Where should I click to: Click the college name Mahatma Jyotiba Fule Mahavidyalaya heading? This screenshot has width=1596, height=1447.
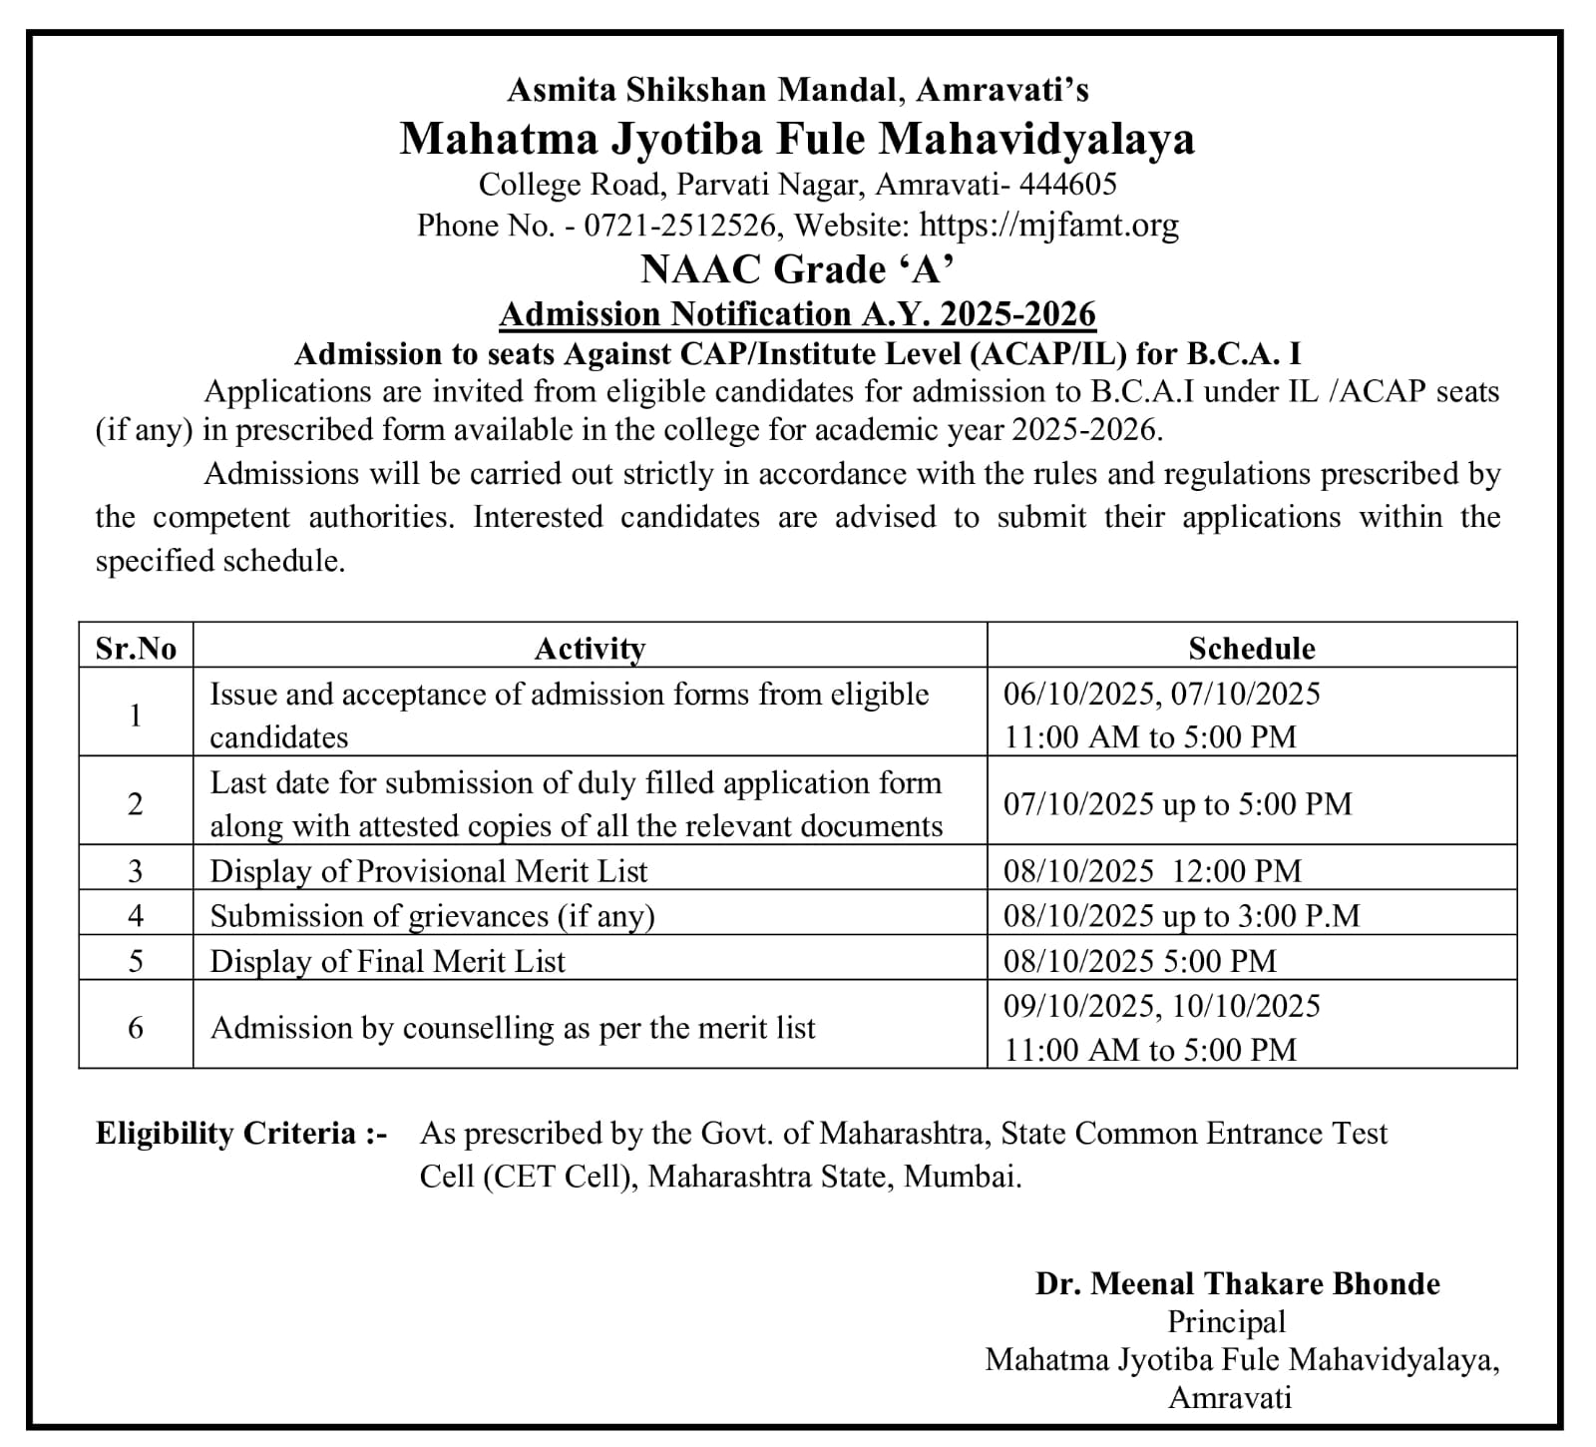click(x=797, y=139)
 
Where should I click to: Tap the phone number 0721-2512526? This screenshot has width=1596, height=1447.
click(x=679, y=226)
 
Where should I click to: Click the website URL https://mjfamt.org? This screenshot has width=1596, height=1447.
click(x=1048, y=226)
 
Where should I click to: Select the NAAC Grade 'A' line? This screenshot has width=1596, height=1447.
click(x=797, y=269)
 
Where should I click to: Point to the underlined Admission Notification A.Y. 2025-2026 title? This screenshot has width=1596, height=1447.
click(x=797, y=314)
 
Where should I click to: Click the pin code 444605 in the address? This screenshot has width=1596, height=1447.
click(x=1070, y=184)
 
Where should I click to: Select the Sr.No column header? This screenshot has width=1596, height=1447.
click(x=136, y=649)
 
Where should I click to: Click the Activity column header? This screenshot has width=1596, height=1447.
click(x=590, y=649)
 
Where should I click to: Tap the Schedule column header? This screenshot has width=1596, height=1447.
click(x=1251, y=649)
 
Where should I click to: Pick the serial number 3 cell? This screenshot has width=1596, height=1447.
click(x=136, y=871)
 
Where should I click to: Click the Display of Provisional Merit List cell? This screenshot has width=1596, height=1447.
click(x=429, y=871)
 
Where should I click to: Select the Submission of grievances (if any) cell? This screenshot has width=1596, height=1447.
click(x=432, y=916)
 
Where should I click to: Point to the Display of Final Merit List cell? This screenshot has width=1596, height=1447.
click(x=387, y=961)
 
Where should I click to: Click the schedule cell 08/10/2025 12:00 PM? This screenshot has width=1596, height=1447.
click(x=1152, y=871)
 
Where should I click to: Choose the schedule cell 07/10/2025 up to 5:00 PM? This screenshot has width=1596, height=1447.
click(x=1177, y=804)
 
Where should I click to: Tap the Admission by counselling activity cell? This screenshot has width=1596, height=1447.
click(x=513, y=1028)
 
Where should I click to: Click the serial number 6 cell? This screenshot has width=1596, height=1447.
click(x=136, y=1028)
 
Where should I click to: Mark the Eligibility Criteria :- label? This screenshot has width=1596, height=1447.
click(x=240, y=1134)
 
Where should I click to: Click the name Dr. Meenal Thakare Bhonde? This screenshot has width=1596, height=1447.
click(x=1237, y=1283)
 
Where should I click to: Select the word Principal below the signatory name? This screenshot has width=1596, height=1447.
click(x=1226, y=1322)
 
